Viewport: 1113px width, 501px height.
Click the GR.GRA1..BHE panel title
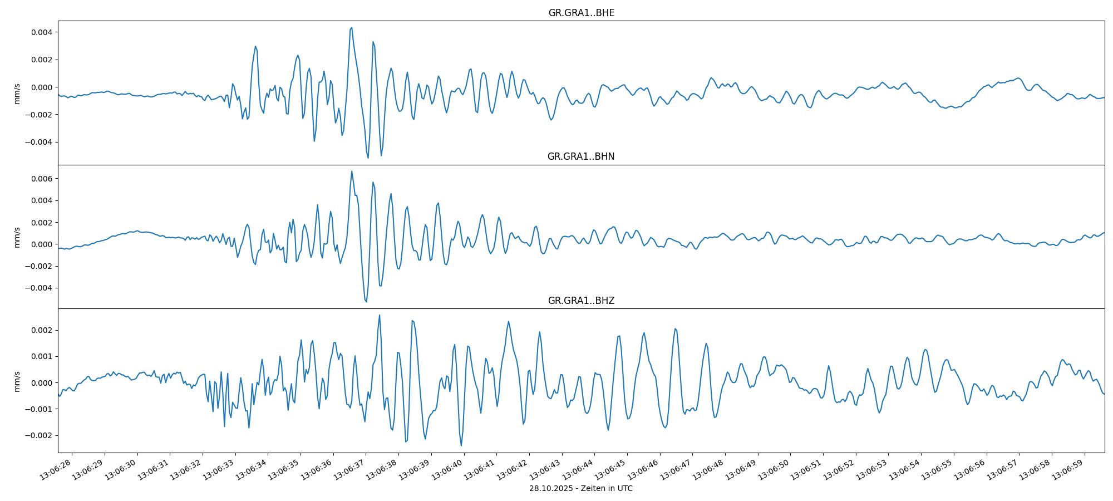(581, 13)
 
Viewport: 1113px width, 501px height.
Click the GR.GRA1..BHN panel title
(581, 156)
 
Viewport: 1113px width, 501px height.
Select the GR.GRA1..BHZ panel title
(581, 301)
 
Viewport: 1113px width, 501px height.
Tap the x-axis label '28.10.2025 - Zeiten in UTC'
(580, 488)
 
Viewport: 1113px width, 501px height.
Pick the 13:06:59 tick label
(1068, 470)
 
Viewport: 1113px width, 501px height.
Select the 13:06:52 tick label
(840, 470)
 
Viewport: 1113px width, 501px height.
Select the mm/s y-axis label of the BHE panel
(17, 94)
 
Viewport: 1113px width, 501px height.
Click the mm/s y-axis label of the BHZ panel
(17, 381)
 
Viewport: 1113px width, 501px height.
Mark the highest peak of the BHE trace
(352, 27)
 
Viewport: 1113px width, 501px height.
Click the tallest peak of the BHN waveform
(352, 171)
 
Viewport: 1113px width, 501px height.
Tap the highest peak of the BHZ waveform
(380, 315)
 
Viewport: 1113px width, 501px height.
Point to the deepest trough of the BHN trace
(366, 302)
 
